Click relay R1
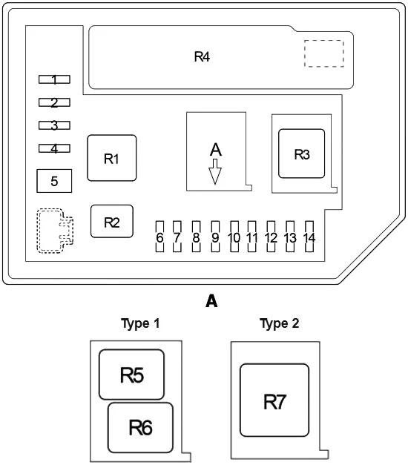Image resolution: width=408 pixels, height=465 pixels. click(x=112, y=158)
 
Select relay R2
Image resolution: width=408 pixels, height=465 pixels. click(x=112, y=221)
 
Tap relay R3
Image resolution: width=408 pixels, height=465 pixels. click(x=301, y=154)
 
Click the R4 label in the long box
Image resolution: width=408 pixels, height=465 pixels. click(x=202, y=56)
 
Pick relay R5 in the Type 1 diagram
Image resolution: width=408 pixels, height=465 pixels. click(x=131, y=375)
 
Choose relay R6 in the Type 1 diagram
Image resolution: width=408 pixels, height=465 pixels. click(x=140, y=427)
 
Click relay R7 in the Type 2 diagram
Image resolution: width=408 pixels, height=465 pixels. click(x=274, y=400)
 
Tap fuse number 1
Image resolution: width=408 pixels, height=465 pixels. click(x=54, y=79)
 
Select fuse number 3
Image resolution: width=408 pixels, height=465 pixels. click(x=54, y=125)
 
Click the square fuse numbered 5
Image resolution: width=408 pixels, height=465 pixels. click(x=54, y=181)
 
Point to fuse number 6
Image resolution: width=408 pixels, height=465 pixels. click(x=159, y=237)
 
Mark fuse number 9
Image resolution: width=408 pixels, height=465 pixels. click(x=215, y=237)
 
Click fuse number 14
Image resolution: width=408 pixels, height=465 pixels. click(x=309, y=237)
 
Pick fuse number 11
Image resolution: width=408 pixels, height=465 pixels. click(x=252, y=237)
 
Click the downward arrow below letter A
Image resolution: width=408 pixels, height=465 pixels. click(x=215, y=172)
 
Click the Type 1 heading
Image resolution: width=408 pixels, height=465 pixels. click(x=140, y=323)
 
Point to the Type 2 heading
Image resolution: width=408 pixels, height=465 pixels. click(x=279, y=323)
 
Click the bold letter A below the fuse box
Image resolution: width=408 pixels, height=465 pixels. click(x=211, y=301)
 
